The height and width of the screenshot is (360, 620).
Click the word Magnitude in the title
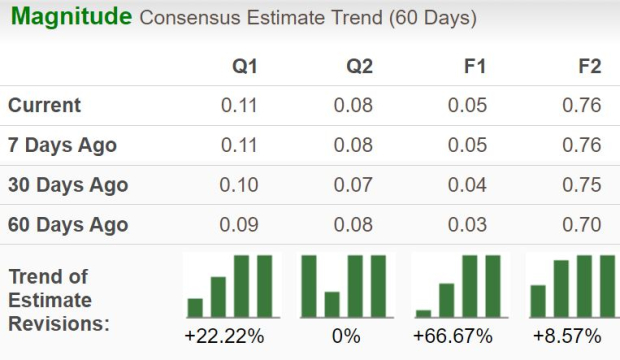coord(70,17)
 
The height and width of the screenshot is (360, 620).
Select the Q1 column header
coord(244,67)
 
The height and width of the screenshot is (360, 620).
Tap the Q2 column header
coord(359,67)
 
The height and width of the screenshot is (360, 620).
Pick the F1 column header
coord(474,67)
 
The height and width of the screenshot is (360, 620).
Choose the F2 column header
coord(589,67)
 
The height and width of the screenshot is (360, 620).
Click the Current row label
coord(45,105)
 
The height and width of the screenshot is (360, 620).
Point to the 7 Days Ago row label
coord(62,145)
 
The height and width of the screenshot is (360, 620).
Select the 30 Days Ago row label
coord(68,185)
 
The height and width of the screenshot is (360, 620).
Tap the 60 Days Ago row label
coord(68,225)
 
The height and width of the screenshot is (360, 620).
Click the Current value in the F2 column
coord(582,105)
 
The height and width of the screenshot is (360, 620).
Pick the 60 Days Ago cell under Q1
coord(239,225)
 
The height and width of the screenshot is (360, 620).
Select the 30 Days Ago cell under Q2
coord(353,185)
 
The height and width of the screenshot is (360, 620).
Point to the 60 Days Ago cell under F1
coord(468,225)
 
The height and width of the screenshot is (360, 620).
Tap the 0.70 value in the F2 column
coord(582,225)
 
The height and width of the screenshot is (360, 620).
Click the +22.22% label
coord(224,336)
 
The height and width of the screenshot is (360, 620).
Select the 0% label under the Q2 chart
coord(345,336)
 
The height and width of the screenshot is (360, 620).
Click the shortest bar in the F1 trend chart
coord(424,312)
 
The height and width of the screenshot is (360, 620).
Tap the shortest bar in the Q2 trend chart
coord(332,304)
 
